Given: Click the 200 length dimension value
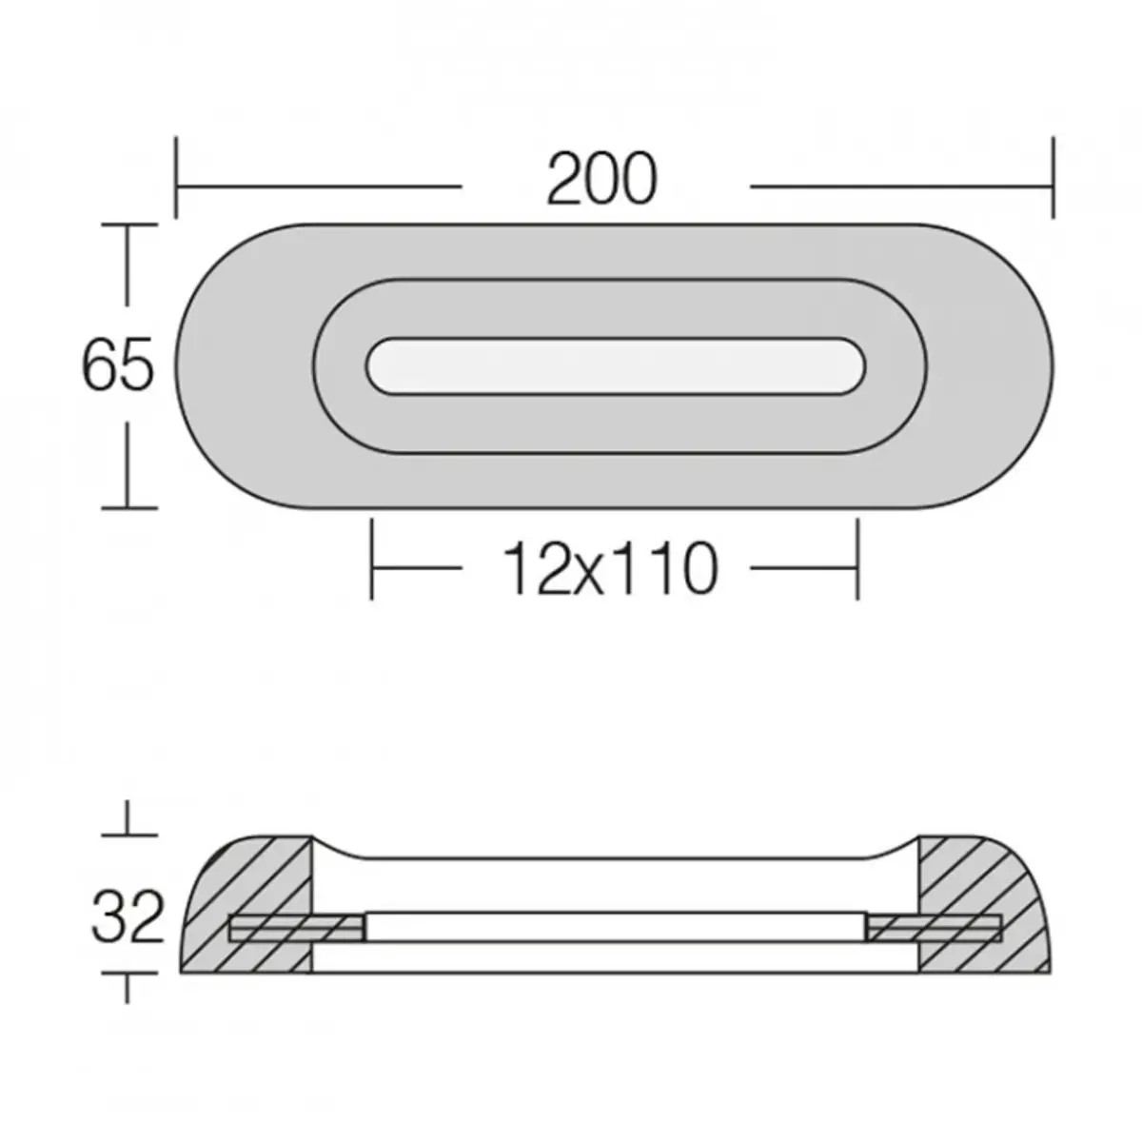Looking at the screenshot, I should click(601, 179).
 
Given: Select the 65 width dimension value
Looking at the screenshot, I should click(117, 365).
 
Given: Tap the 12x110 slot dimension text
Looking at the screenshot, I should click(610, 569).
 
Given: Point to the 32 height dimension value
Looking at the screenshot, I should click(128, 917).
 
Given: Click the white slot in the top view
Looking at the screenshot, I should click(616, 365).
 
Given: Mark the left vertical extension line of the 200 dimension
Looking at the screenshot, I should click(176, 177).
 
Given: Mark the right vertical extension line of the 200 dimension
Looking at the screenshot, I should click(1053, 177).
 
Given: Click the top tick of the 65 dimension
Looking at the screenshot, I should click(128, 226).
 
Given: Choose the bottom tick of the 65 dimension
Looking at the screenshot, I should click(128, 507).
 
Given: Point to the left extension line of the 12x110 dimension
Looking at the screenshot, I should click(372, 560).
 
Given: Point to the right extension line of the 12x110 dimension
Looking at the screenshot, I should click(857, 560).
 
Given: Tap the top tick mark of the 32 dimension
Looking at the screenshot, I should click(128, 835).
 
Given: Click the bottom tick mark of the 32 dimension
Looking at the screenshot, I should click(128, 974).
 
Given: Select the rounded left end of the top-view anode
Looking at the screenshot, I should click(228, 365).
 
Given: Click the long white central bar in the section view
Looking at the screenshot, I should click(616, 927).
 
